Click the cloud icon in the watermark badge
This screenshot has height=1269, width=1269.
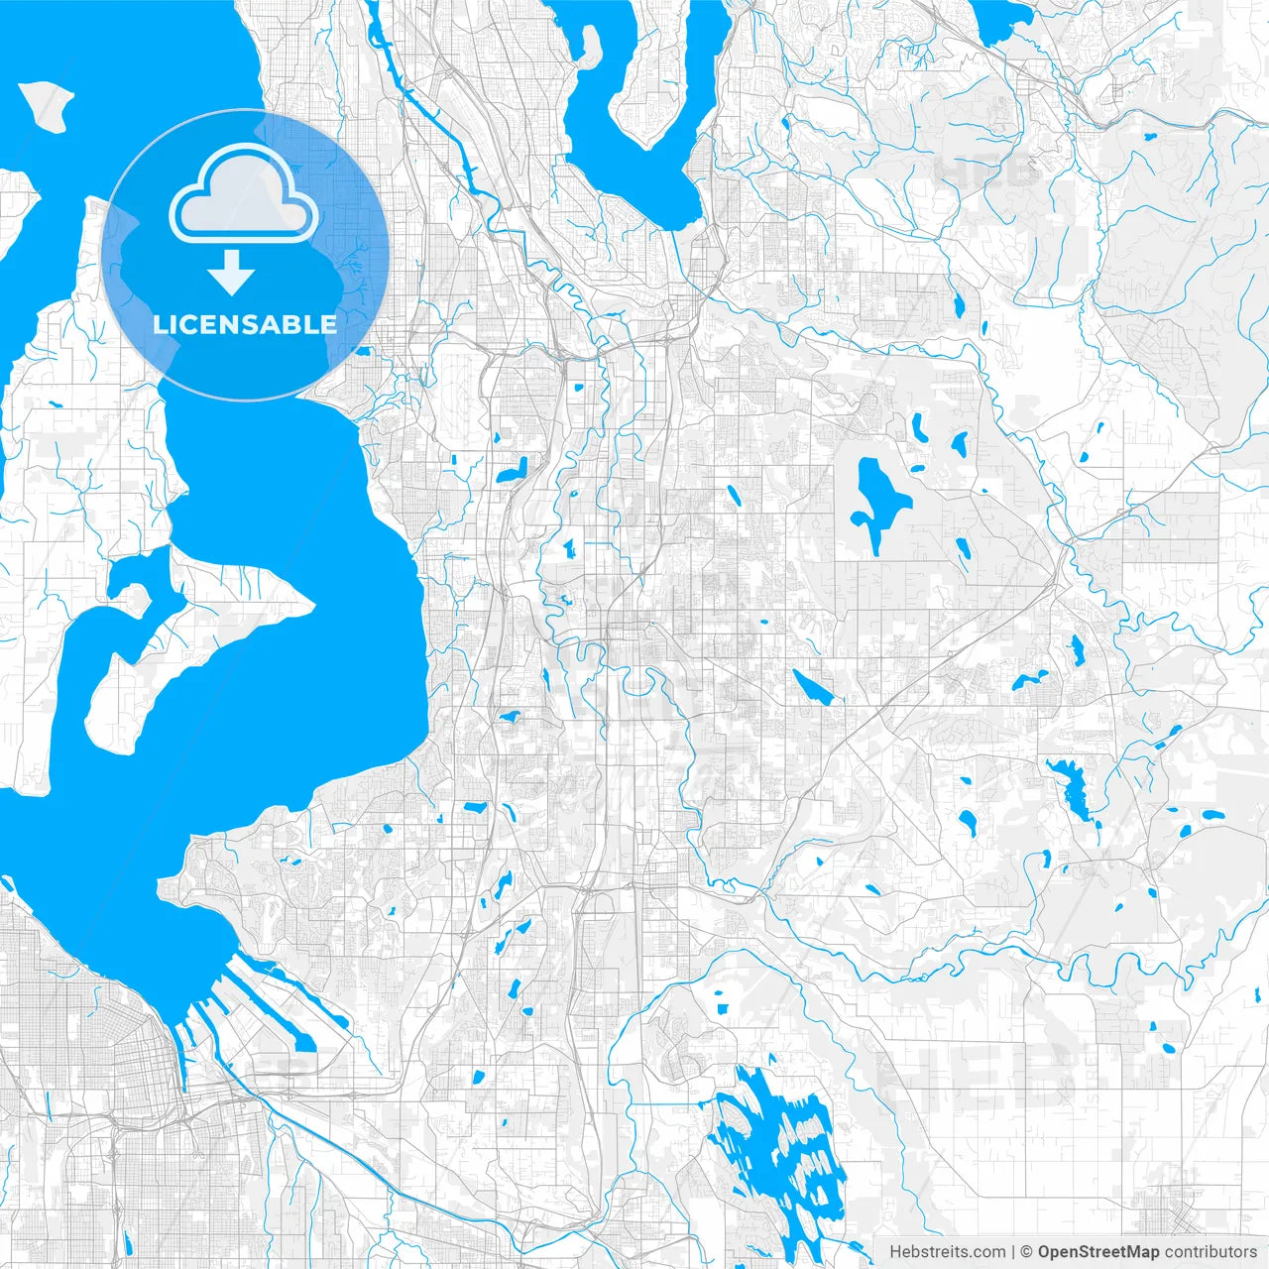tap(244, 194)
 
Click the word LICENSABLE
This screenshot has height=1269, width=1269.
tap(244, 324)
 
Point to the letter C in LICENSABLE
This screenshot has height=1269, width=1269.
tap(192, 324)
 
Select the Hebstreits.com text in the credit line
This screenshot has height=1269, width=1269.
tap(947, 1252)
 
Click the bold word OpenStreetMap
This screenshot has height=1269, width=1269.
tap(1098, 1252)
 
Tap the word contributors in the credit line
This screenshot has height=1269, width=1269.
tap(1211, 1252)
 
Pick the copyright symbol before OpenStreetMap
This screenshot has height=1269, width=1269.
tap(1027, 1252)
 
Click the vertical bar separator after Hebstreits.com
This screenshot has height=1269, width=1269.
tap(1013, 1252)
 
